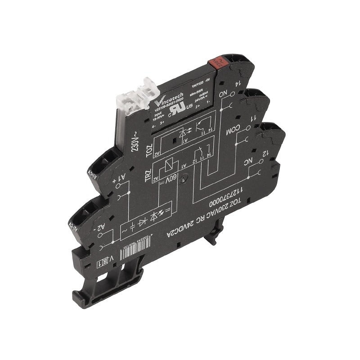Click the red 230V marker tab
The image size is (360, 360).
pyautogui.click(x=213, y=66)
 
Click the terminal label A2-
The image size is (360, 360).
pyautogui.click(x=99, y=223)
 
